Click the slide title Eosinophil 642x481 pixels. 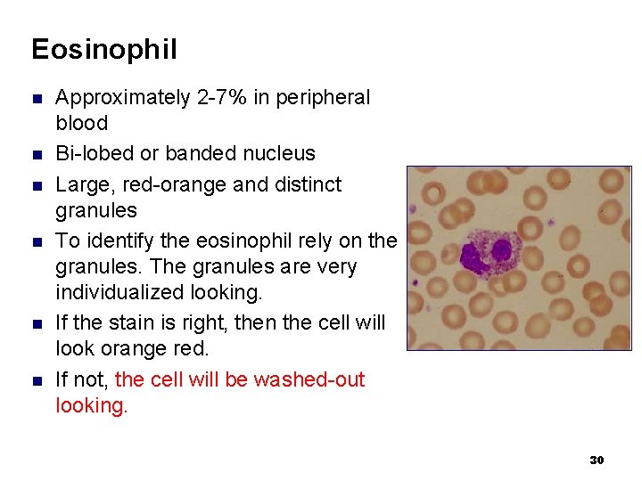103,49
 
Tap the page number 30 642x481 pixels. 597,460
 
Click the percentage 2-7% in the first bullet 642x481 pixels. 222,97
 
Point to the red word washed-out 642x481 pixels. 309,379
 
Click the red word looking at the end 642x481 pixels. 91,405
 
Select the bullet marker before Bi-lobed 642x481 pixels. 37,154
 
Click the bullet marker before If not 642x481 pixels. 37,380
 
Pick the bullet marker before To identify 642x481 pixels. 37,241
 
